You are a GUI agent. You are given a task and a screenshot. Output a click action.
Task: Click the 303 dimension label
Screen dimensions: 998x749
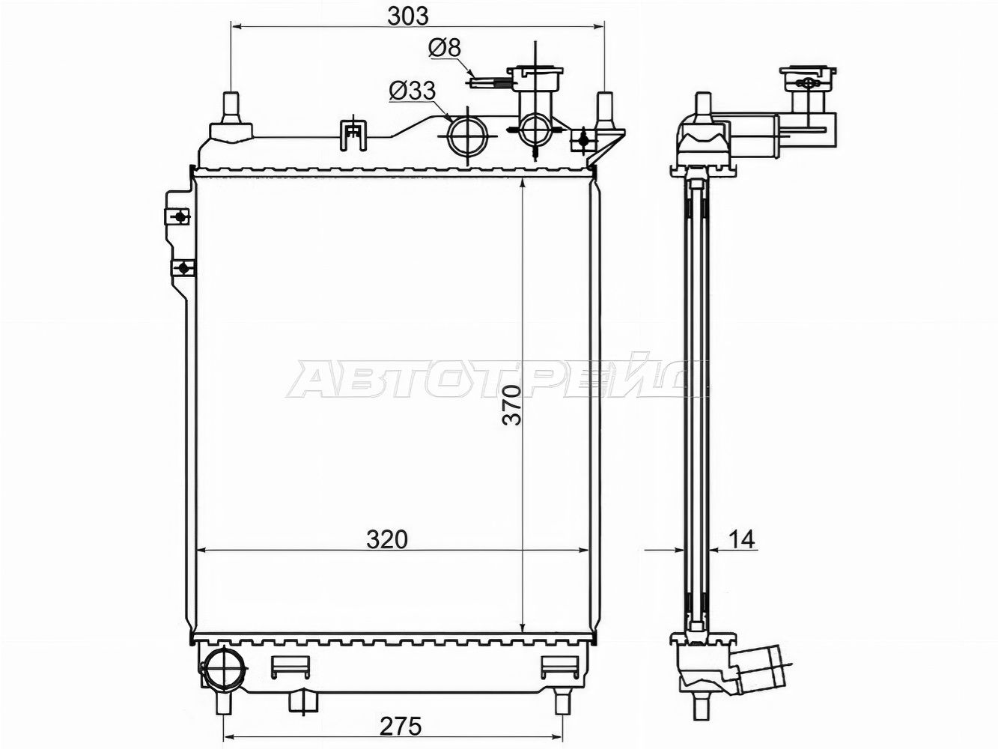click(x=408, y=16)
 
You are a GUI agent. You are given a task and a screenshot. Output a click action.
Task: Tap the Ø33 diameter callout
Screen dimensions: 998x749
click(x=413, y=91)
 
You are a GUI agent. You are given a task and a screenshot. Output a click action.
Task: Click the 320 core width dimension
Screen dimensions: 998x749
click(x=387, y=540)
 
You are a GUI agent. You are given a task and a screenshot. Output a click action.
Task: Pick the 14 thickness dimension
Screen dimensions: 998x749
click(x=741, y=539)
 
